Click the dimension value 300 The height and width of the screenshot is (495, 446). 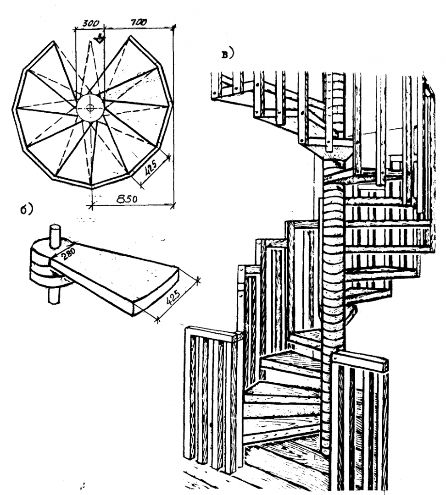click(91, 22)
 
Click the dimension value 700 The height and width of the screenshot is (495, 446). click(138, 22)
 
